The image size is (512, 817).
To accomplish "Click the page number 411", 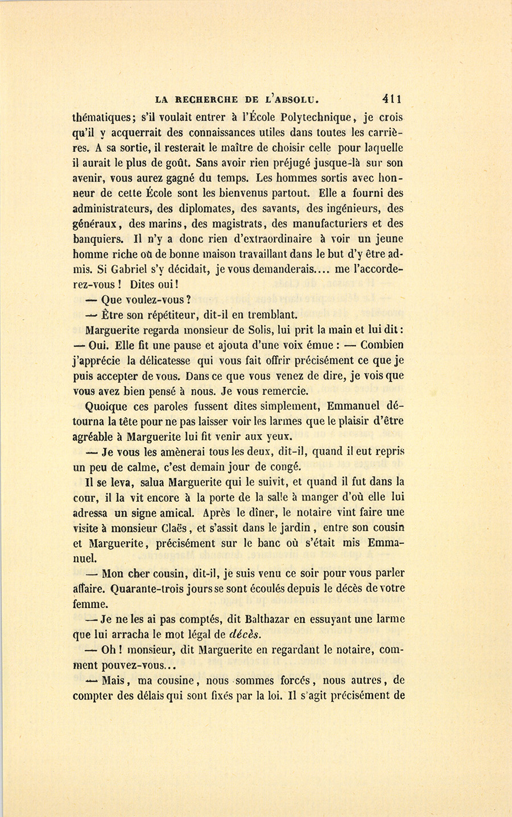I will (x=393, y=98).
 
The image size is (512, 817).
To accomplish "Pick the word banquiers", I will (x=97, y=240).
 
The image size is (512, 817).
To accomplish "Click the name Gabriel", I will (x=123, y=270).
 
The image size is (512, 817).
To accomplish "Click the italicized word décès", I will (x=249, y=634).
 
